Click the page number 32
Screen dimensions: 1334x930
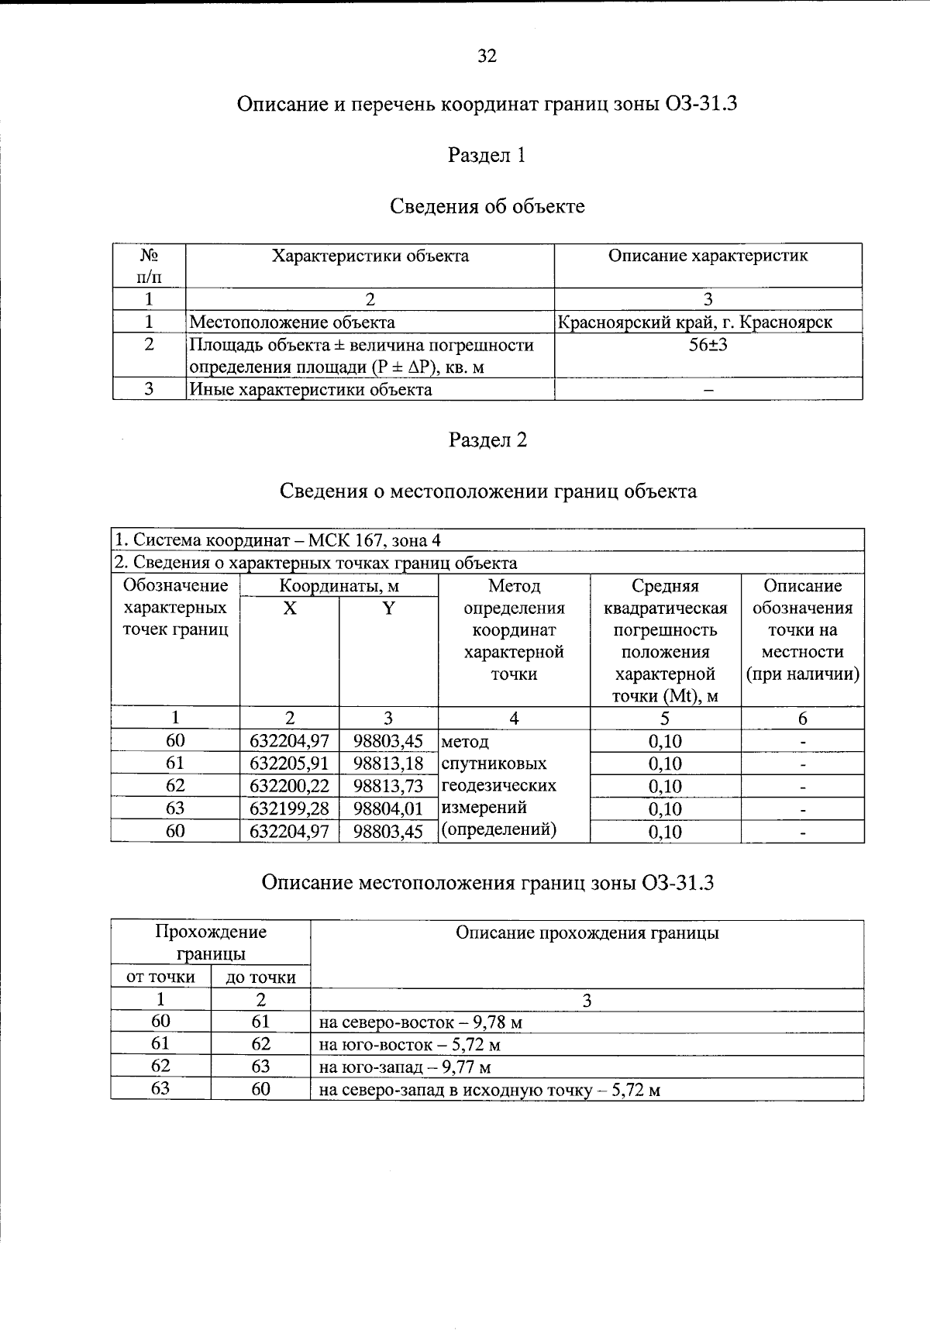[487, 56]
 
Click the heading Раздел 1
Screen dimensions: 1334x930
[487, 155]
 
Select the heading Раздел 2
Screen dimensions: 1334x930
[487, 440]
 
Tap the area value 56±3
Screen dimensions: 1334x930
[708, 345]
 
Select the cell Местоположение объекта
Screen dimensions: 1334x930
[292, 322]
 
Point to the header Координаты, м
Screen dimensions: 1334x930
[339, 586]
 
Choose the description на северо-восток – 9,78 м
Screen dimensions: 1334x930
[421, 1022]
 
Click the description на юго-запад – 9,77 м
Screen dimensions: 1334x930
[405, 1067]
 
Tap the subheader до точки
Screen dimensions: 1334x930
[260, 977]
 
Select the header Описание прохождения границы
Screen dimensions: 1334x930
[587, 933]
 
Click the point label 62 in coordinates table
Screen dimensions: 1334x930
[175, 786]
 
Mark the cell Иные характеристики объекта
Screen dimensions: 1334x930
[310, 389]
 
